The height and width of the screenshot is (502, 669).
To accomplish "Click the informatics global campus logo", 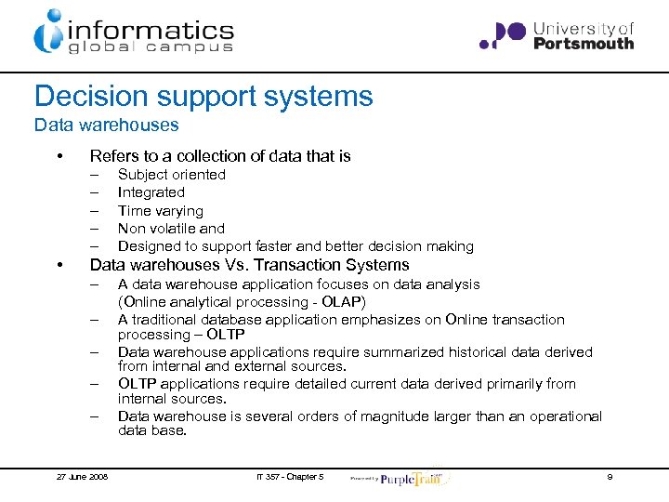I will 133,33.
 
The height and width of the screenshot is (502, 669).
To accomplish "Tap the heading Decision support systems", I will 203,96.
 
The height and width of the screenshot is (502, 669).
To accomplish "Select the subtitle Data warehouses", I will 106,125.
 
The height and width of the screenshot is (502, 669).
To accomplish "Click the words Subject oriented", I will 171,175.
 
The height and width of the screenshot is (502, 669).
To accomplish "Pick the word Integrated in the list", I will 151,192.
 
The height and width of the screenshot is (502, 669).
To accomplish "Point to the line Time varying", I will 160,211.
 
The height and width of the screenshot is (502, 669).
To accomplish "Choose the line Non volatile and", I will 171,229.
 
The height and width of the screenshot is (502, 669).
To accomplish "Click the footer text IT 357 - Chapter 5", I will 289,477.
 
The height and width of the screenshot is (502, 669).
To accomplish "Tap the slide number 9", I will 609,477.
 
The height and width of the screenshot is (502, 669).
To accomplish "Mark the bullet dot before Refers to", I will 59,156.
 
